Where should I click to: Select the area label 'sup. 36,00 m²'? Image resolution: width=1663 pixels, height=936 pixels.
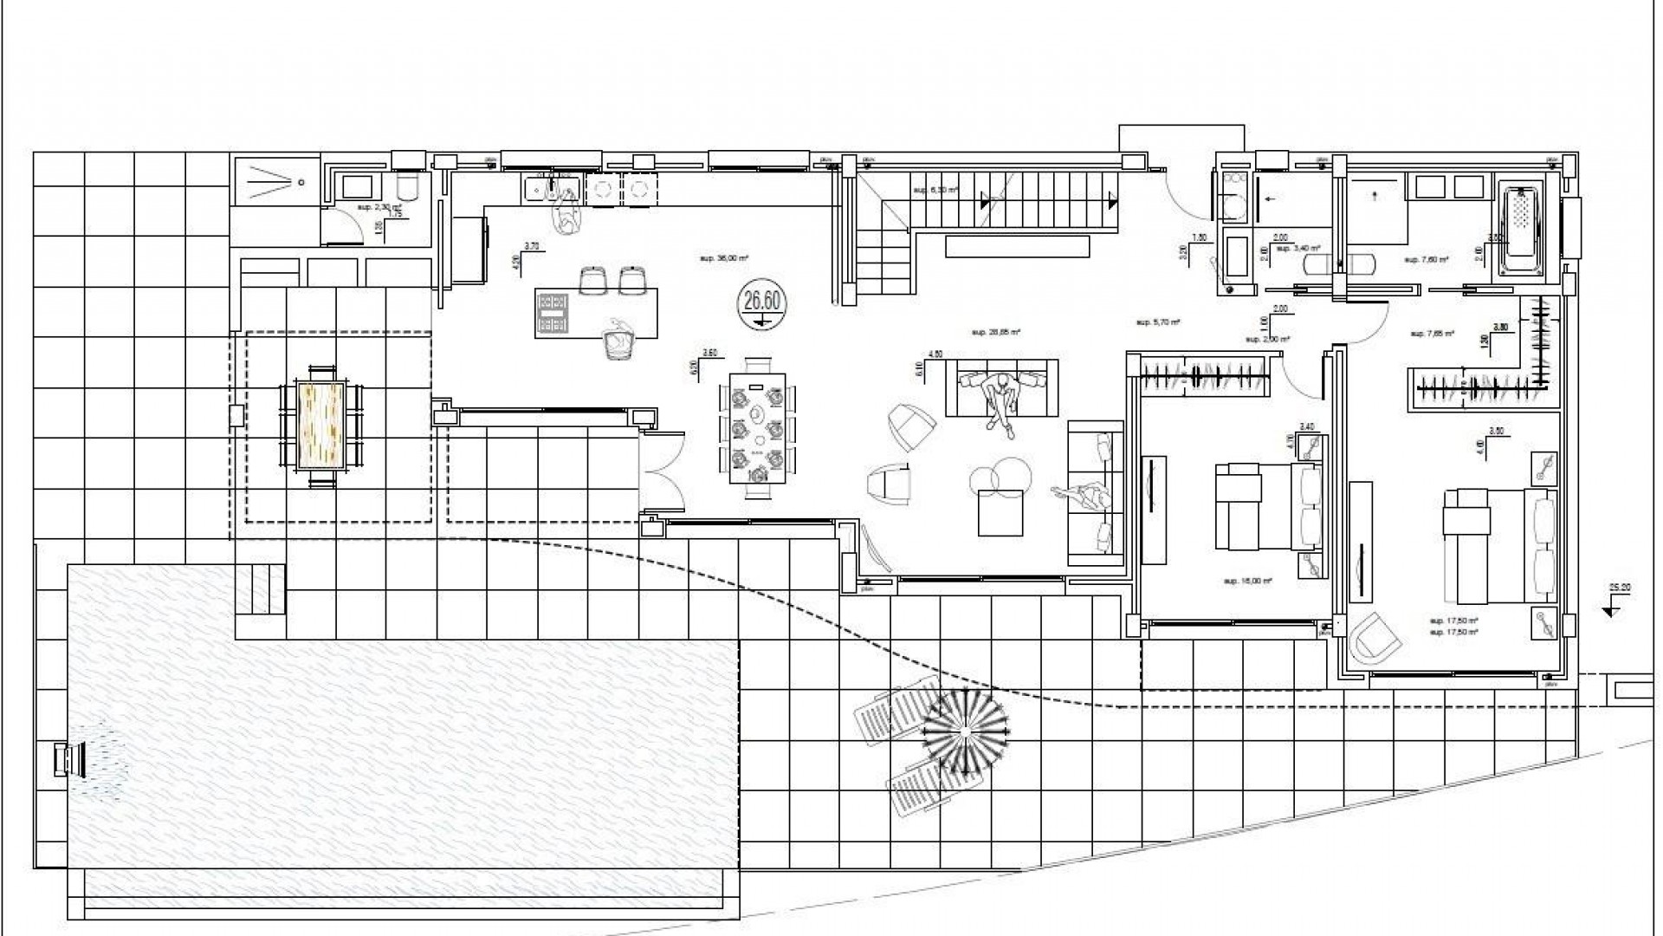tap(723, 257)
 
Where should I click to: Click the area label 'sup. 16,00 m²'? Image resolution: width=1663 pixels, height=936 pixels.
tap(1247, 581)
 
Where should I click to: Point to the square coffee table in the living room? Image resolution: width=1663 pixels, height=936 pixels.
tap(1000, 512)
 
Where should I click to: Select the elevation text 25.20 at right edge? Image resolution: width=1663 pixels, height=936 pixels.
tap(1621, 588)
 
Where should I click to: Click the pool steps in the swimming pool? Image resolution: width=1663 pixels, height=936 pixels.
tap(260, 588)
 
